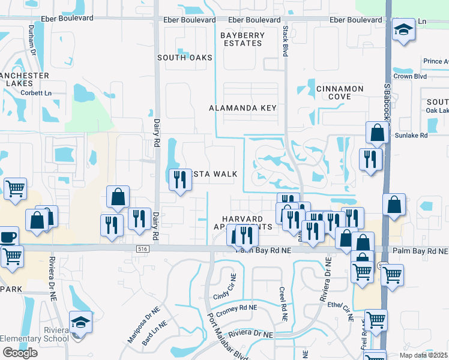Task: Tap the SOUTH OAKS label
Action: tap(185, 58)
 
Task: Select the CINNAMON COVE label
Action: tap(340, 92)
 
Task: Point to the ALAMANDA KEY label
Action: tap(243, 108)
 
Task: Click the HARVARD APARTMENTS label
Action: tap(243, 223)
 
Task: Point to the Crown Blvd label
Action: tap(410, 77)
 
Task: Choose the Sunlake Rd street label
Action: tap(411, 136)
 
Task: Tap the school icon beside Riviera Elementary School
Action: tap(81, 323)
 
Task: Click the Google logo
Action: tap(20, 352)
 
